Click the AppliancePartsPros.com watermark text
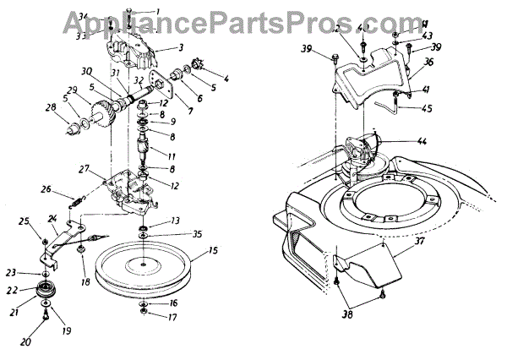point(253,13)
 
